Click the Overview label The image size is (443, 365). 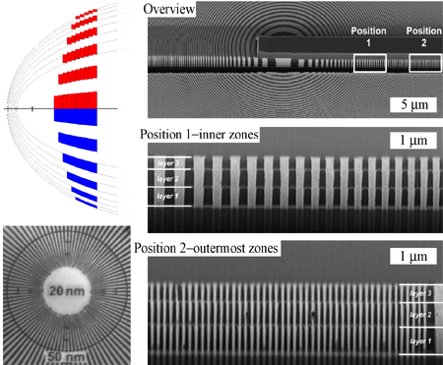coord(169,10)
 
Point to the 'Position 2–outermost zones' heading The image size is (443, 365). coord(208,247)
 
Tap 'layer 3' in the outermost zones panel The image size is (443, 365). coord(420,293)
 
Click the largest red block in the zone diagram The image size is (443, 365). coord(74,100)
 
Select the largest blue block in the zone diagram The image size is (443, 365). coord(74,116)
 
